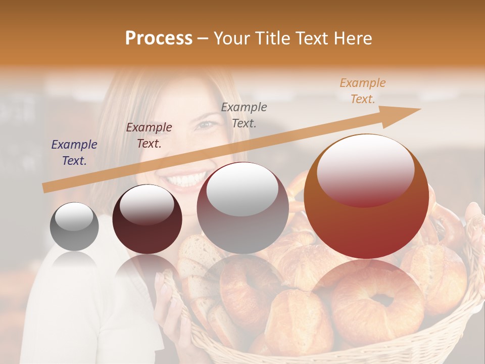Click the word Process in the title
(x=159, y=38)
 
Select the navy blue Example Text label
(x=74, y=153)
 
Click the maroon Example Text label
(x=149, y=135)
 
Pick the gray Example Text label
(x=244, y=115)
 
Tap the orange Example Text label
(x=363, y=91)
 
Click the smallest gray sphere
(x=74, y=226)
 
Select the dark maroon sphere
(x=147, y=220)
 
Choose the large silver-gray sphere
(x=243, y=208)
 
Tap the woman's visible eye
(x=204, y=124)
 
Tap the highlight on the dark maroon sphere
(x=147, y=205)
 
